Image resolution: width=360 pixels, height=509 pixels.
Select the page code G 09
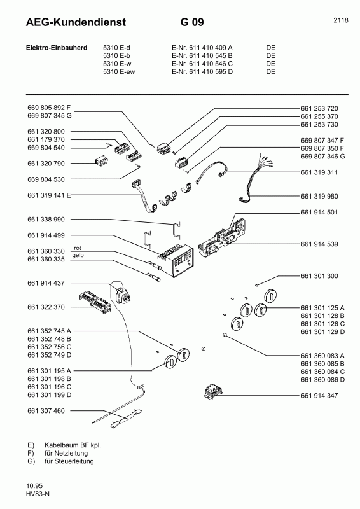[x=192, y=24]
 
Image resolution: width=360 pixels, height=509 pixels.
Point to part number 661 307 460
[x=46, y=411]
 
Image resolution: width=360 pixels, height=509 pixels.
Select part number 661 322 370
[x=46, y=307]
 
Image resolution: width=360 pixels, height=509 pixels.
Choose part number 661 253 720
[x=320, y=108]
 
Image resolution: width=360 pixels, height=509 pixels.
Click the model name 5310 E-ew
[x=120, y=72]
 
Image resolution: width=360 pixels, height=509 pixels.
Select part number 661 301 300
[x=320, y=276]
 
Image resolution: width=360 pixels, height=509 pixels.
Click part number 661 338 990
[x=46, y=219]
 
